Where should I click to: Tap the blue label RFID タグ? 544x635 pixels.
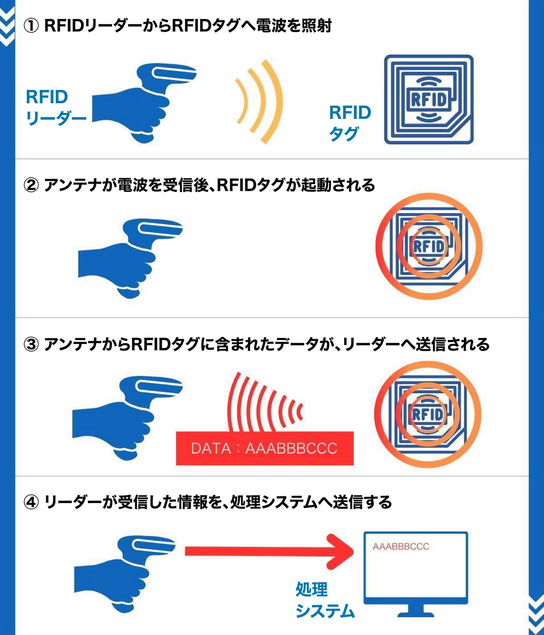coord(349,122)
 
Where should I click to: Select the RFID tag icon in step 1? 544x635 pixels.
coord(428,100)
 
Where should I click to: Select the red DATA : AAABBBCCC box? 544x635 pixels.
coord(264,448)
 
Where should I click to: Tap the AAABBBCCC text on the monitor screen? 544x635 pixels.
coord(401,547)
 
